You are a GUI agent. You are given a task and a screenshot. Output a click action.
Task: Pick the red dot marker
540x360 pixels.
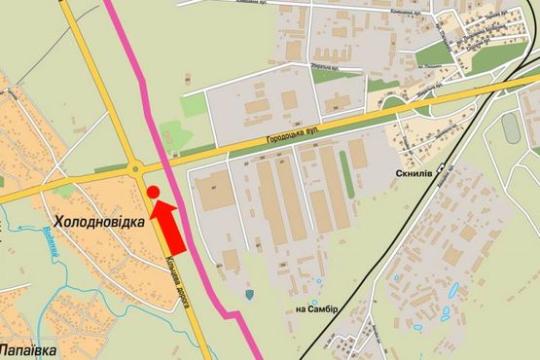(154, 193)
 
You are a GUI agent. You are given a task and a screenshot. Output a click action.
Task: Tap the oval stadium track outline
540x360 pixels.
(510, 126)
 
